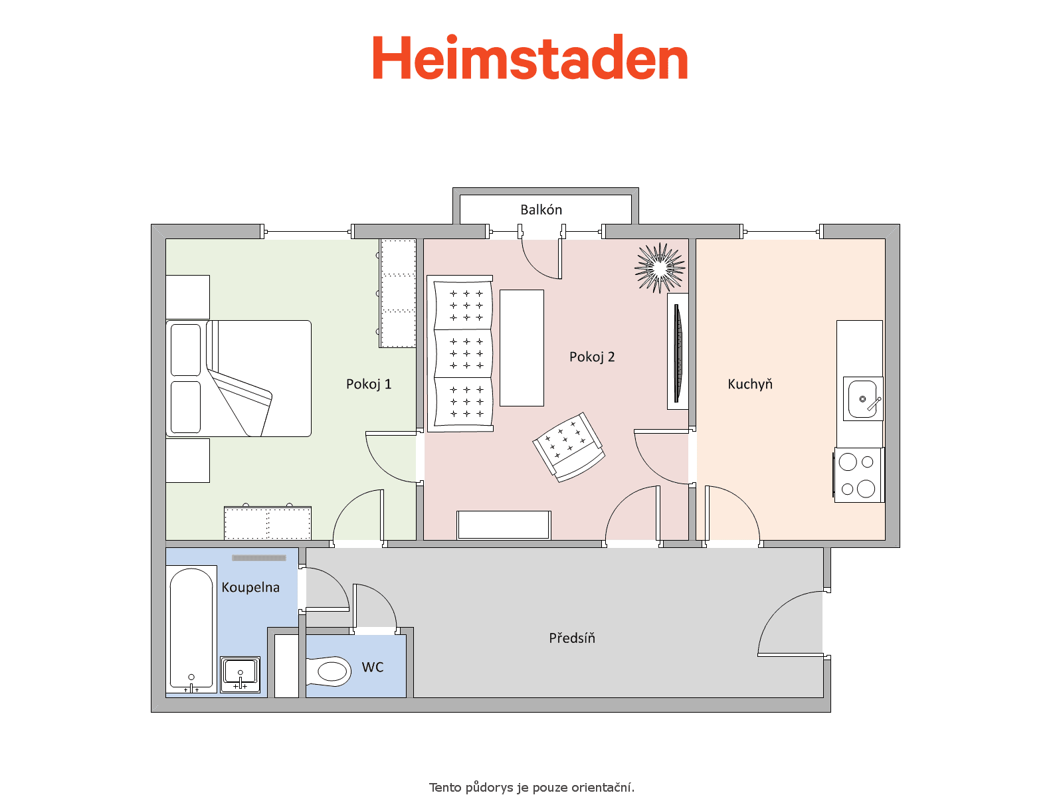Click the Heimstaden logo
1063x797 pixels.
530,56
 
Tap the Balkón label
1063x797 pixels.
541,209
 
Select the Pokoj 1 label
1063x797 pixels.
369,385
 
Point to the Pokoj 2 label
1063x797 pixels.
592,357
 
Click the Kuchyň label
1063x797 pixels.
749,385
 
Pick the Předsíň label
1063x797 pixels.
572,638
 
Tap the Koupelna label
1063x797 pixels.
250,588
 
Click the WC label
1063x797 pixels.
373,667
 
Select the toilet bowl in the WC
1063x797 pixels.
329,671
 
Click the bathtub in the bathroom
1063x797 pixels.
191,629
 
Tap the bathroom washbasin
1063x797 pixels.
241,675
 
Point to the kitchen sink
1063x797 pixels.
863,399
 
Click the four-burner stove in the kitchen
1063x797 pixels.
858,475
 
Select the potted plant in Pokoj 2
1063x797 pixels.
660,268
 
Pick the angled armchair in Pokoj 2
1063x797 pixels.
569,447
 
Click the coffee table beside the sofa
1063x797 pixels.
522,348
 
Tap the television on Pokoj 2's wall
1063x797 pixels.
678,351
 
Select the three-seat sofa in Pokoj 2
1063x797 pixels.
460,354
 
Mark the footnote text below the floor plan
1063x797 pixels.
531,787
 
